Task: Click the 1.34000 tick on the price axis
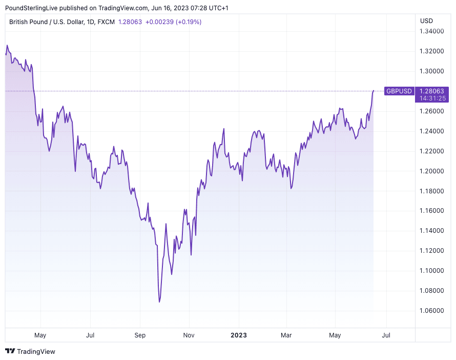(432, 32)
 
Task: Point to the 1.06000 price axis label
(432, 310)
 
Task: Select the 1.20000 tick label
(432, 171)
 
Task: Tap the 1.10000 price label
(432, 271)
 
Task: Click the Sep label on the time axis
(140, 335)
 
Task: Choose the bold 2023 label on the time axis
(238, 335)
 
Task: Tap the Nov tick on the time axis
(189, 335)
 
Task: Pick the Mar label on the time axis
(286, 335)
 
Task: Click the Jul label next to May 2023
(386, 335)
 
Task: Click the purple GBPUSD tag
(399, 91)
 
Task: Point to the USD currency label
(426, 21)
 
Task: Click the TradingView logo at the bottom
(30, 351)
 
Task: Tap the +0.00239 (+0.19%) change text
(173, 22)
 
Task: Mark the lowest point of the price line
(159, 302)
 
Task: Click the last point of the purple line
(374, 91)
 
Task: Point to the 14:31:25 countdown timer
(432, 98)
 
